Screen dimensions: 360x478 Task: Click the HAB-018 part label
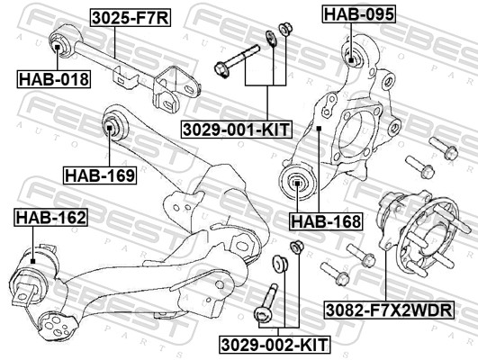coord(54,79)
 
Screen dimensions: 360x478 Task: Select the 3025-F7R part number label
coord(129,16)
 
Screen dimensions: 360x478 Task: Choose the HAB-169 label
coord(100,175)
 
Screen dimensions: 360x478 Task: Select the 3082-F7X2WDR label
coord(389,311)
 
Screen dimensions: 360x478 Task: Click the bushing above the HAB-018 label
coord(59,43)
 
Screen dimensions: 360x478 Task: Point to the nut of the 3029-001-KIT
coord(284,30)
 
